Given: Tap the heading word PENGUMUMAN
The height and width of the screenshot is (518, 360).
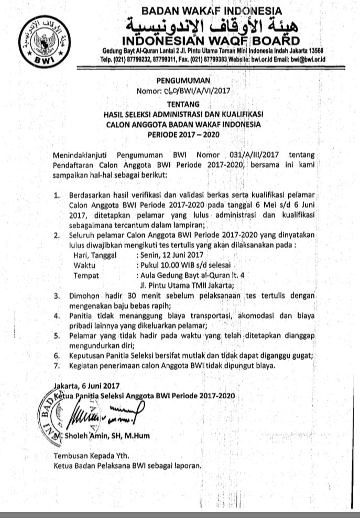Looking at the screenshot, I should (x=183, y=81).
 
